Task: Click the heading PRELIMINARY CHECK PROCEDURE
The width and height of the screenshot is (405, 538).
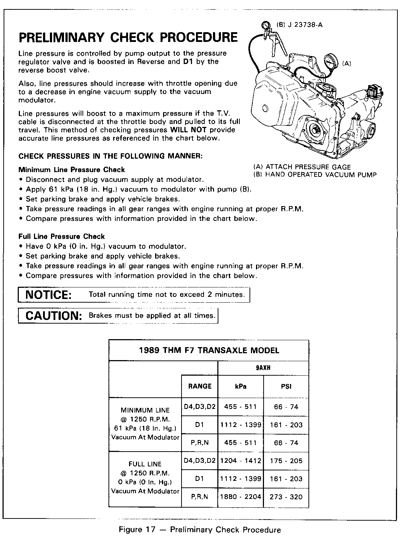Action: [128, 38]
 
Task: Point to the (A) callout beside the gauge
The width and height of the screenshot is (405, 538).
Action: [346, 64]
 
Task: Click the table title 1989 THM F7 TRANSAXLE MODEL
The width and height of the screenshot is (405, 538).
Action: [209, 350]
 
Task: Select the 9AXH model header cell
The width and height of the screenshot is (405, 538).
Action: [263, 368]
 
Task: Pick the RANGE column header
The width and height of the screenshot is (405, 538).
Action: [200, 386]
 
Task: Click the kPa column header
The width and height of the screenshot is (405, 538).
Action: [240, 386]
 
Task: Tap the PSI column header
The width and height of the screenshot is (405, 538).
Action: [286, 386]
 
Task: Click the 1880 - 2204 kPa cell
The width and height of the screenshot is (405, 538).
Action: [240, 497]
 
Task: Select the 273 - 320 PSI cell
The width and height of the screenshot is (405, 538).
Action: [286, 497]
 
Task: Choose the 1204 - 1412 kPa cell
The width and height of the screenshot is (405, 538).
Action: [240, 461]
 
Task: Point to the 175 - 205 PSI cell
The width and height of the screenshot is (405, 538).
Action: [286, 461]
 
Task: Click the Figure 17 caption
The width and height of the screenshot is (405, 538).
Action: [200, 530]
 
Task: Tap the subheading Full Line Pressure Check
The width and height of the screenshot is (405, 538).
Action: [61, 237]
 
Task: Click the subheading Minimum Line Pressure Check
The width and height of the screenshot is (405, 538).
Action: [72, 170]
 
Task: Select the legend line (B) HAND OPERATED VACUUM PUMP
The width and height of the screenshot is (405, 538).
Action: [315, 175]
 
